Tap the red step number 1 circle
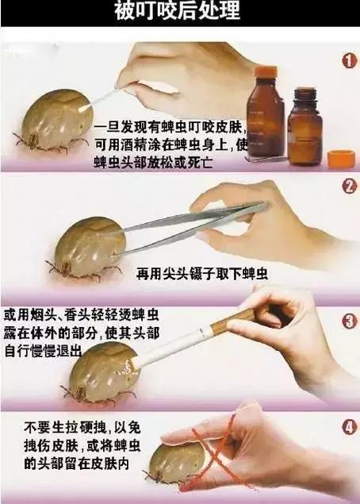coord(348,60)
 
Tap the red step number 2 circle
coord(348,187)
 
